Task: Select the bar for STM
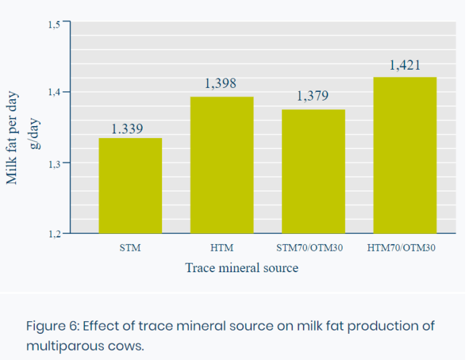pyautogui.click(x=131, y=186)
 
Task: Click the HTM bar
pyautogui.click(x=222, y=165)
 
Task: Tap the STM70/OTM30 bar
pyautogui.click(x=314, y=172)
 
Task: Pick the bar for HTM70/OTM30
pyautogui.click(x=405, y=156)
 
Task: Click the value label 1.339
pyautogui.click(x=127, y=129)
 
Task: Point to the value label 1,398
pyautogui.click(x=220, y=83)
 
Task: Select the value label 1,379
pyautogui.click(x=313, y=96)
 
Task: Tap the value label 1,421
pyautogui.click(x=405, y=65)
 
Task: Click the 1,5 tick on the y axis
pyautogui.click(x=54, y=25)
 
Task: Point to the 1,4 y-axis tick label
pyautogui.click(x=54, y=92)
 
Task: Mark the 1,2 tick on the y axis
pyautogui.click(x=54, y=234)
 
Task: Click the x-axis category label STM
pyautogui.click(x=130, y=248)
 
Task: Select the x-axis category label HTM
pyautogui.click(x=222, y=248)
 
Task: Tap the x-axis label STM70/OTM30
pyautogui.click(x=310, y=248)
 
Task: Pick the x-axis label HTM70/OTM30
pyautogui.click(x=401, y=248)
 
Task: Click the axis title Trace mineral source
pyautogui.click(x=242, y=267)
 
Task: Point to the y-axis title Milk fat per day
pyautogui.click(x=12, y=138)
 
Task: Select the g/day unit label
pyautogui.click(x=35, y=133)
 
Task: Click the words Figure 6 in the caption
pyautogui.click(x=53, y=326)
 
